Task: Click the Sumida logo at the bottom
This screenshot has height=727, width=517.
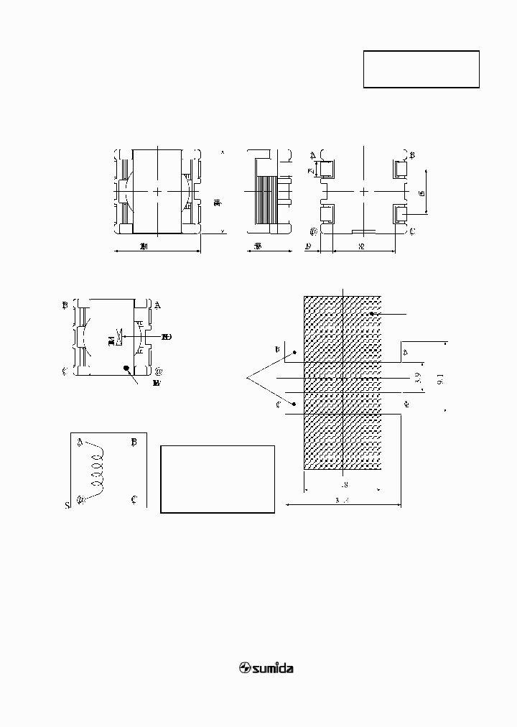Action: (x=266, y=668)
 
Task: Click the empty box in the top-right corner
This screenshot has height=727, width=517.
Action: (x=421, y=69)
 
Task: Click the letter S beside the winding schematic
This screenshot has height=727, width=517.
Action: (x=67, y=506)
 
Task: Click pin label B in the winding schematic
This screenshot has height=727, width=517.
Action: (x=134, y=443)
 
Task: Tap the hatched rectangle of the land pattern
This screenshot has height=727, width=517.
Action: (x=343, y=382)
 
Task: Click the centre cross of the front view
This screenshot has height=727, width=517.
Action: (x=157, y=192)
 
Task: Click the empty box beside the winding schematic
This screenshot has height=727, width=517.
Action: (x=217, y=478)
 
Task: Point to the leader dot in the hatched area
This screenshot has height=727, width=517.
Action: (x=372, y=315)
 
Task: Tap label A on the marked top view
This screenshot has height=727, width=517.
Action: (x=157, y=305)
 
